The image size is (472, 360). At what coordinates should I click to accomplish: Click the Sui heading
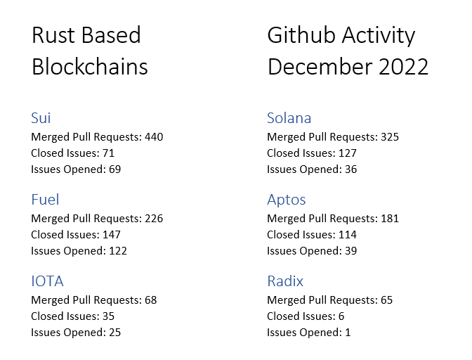(x=41, y=118)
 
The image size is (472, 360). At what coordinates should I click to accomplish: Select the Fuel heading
(x=45, y=200)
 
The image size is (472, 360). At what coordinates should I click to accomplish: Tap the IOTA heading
(x=47, y=281)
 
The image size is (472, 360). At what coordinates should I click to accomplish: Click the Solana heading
(x=289, y=118)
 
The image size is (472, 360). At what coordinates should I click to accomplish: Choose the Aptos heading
(x=286, y=200)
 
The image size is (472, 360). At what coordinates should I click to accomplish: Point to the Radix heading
(x=284, y=281)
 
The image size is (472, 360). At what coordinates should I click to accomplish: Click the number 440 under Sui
(x=153, y=137)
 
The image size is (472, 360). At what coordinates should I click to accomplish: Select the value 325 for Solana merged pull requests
(x=389, y=137)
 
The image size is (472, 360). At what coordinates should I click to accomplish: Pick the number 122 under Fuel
(x=117, y=251)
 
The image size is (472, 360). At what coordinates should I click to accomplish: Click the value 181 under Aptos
(x=389, y=219)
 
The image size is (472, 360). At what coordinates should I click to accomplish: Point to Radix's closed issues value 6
(x=341, y=316)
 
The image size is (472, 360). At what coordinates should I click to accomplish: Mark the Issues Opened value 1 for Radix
(x=347, y=333)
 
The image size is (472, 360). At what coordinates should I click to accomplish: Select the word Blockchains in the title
(x=89, y=67)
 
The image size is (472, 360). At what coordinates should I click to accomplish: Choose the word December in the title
(x=320, y=67)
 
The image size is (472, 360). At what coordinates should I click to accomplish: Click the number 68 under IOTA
(x=150, y=300)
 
